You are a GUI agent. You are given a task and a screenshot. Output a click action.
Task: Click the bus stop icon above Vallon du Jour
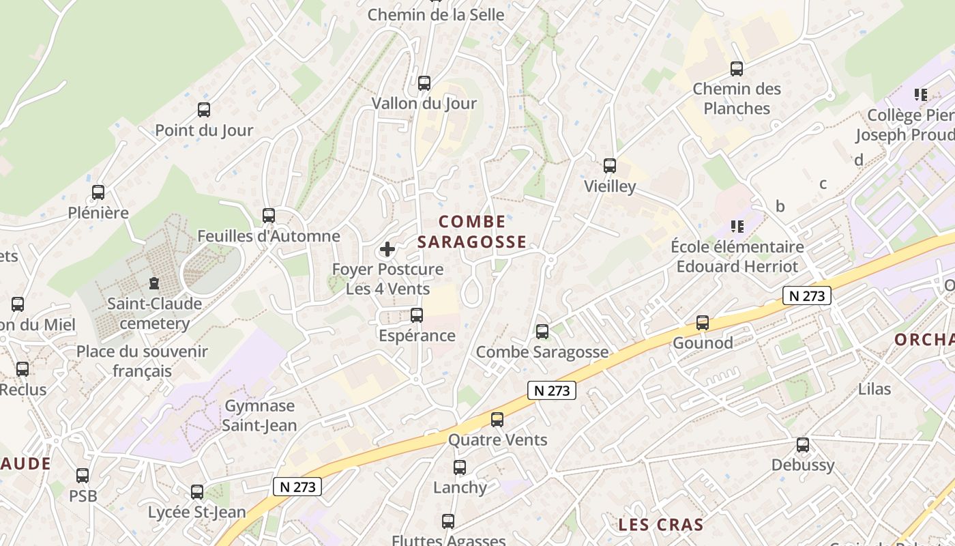[424, 83]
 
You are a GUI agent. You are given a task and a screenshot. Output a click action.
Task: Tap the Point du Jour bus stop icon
[203, 109]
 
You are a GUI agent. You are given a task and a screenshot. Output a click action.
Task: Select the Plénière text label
[98, 213]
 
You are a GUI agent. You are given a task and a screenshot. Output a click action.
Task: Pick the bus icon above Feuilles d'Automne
[269, 216]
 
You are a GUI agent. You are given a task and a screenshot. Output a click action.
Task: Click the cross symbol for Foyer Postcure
[387, 249]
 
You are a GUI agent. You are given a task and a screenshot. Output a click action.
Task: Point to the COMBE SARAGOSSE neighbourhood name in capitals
[472, 231]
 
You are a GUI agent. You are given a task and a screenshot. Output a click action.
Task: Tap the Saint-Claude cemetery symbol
[154, 283]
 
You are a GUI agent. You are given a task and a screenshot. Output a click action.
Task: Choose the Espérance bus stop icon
[417, 315]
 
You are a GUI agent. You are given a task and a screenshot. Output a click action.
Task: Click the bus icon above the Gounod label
[703, 323]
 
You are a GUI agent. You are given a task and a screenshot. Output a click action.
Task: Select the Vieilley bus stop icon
[610, 166]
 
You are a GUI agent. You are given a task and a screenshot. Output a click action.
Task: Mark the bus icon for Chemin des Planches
[737, 69]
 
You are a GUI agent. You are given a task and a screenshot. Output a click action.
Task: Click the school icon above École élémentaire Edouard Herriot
[737, 226]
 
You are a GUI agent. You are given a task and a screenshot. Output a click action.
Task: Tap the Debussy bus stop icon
[803, 445]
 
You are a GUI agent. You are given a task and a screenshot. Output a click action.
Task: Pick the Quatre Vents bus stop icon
[497, 420]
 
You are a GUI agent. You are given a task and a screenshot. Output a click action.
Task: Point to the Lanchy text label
[460, 487]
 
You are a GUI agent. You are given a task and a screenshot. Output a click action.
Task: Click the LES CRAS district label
[660, 525]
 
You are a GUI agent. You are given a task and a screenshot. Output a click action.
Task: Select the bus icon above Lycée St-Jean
[197, 491]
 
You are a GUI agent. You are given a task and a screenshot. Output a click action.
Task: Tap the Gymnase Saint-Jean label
[261, 416]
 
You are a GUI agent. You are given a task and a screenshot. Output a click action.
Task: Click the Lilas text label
[875, 389]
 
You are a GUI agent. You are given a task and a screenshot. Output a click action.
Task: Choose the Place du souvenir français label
[142, 361]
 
